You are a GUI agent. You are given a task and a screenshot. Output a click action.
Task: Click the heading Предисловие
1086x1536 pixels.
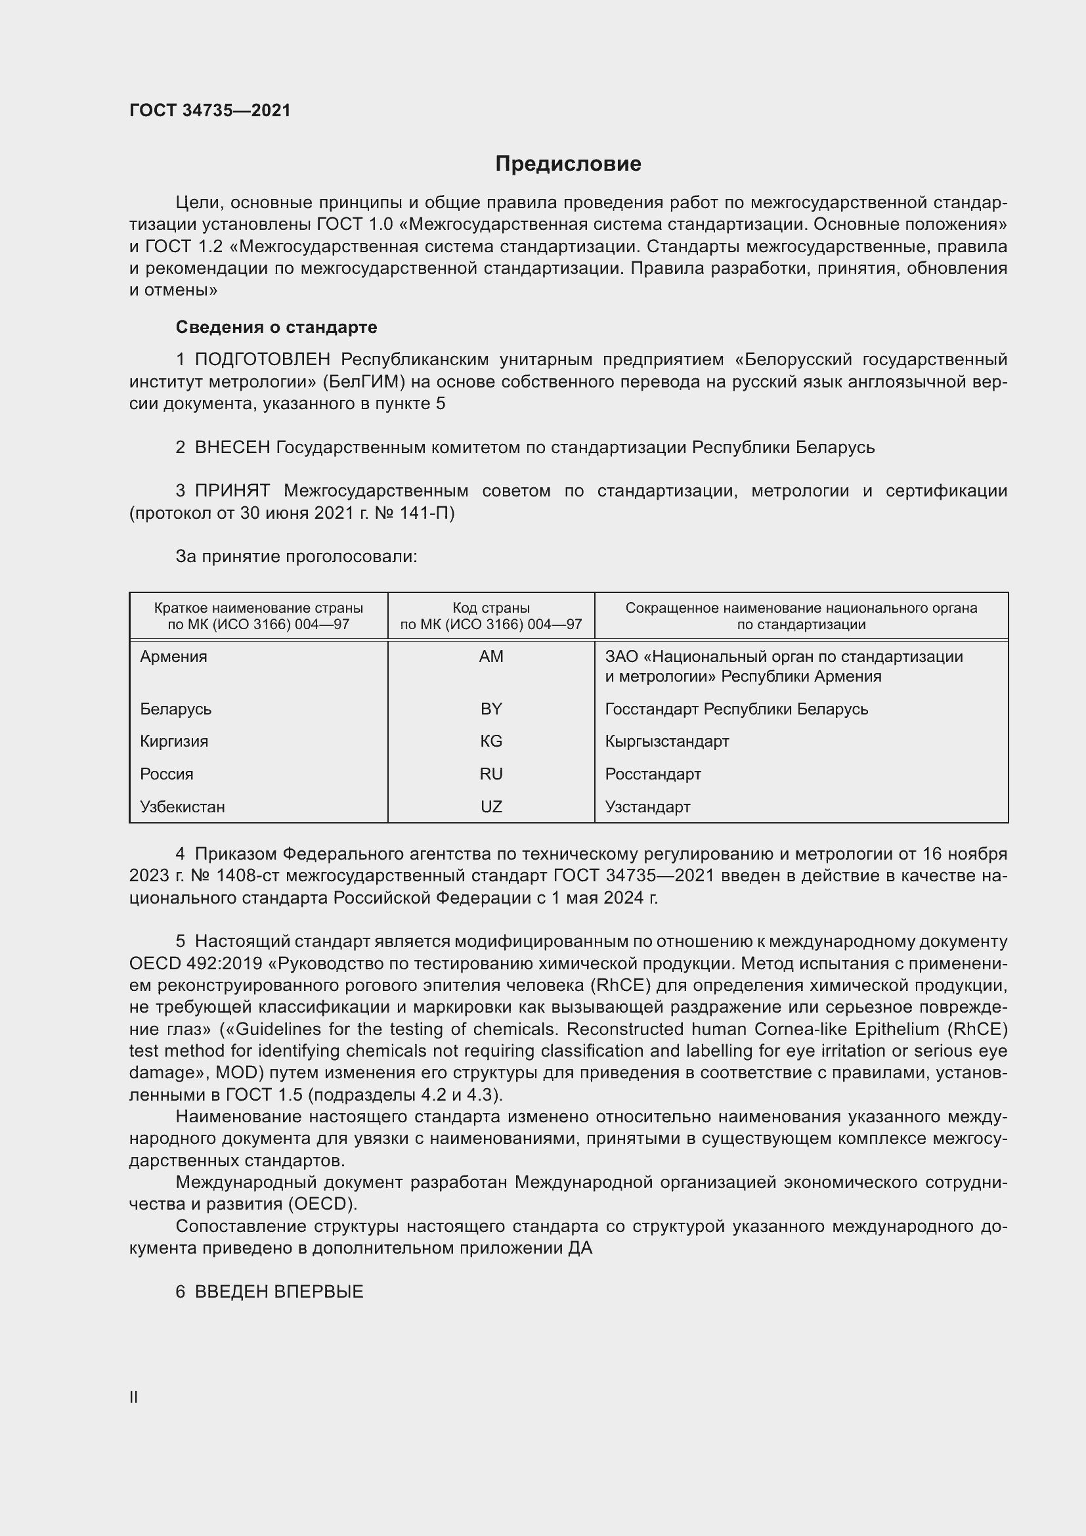pyautogui.click(x=568, y=164)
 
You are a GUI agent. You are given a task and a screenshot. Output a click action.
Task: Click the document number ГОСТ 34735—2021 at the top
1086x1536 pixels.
pyautogui.click(x=210, y=110)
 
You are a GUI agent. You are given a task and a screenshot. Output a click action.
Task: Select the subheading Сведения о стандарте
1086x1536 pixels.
pyautogui.click(x=276, y=327)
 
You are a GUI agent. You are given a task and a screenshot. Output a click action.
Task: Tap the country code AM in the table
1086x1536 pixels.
pyautogui.click(x=491, y=656)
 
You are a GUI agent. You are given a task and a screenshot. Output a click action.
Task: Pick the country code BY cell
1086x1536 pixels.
pyautogui.click(x=491, y=709)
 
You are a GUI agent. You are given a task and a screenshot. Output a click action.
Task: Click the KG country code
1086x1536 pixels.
pyautogui.click(x=491, y=741)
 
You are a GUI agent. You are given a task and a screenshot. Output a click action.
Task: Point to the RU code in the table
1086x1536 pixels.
pyautogui.click(x=491, y=774)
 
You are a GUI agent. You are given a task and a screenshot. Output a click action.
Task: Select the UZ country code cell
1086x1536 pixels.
pyautogui.click(x=491, y=807)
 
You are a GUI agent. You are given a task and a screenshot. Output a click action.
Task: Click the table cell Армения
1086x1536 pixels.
pyautogui.click(x=173, y=656)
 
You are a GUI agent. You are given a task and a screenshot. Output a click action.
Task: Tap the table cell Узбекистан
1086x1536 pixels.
pyautogui.click(x=182, y=807)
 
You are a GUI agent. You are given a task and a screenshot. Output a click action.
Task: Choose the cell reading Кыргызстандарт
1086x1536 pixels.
pyautogui.click(x=666, y=741)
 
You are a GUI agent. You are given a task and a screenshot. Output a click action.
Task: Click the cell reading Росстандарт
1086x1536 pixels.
pyautogui.click(x=653, y=774)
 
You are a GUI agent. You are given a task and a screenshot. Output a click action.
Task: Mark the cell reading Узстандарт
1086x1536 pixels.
pyautogui.click(x=647, y=807)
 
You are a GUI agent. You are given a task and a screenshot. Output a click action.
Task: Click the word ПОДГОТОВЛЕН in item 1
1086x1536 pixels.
pyautogui.click(x=262, y=360)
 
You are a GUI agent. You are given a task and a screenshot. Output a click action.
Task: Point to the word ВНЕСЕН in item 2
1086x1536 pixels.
pyautogui.click(x=232, y=448)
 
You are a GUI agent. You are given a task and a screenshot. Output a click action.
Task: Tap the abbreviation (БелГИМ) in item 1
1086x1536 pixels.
pyautogui.click(x=364, y=382)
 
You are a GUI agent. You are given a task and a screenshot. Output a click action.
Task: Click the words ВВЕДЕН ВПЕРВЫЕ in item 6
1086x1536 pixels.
pyautogui.click(x=279, y=1292)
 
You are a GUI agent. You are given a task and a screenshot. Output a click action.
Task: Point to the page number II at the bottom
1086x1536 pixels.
pyautogui.click(x=134, y=1397)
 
